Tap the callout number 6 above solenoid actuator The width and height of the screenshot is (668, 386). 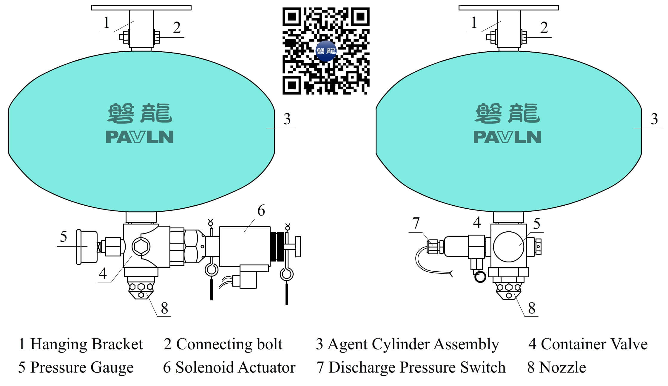click(x=261, y=210)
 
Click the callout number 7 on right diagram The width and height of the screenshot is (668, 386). click(x=416, y=223)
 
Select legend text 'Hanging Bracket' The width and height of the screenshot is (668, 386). click(x=87, y=344)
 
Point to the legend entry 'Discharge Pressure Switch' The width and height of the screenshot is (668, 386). click(x=417, y=367)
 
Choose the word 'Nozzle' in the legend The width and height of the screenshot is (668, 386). click(x=562, y=367)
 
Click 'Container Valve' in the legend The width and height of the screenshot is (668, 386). click(x=594, y=344)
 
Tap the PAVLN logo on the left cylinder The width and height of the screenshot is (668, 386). click(x=140, y=137)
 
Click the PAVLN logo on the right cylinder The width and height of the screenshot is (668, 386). click(x=507, y=137)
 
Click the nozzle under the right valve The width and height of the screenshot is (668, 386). click(x=509, y=289)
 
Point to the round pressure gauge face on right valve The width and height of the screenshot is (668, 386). click(x=508, y=247)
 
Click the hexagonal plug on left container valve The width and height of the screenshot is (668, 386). click(x=141, y=247)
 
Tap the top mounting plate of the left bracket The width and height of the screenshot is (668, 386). click(x=141, y=7)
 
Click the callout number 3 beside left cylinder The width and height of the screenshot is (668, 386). click(x=287, y=119)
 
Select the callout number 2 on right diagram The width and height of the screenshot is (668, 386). click(x=544, y=28)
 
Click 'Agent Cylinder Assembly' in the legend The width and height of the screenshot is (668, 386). click(x=413, y=344)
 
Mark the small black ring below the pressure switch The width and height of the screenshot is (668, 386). click(x=480, y=277)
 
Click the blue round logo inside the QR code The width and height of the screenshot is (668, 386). click(x=326, y=51)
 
